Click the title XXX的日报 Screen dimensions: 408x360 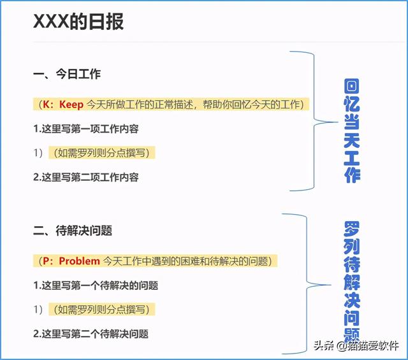[78, 22]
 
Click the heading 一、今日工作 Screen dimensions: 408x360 [66, 75]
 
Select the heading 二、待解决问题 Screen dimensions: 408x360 [73, 230]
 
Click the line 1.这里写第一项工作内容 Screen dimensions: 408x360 [86, 129]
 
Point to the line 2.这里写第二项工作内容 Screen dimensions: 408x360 [86, 177]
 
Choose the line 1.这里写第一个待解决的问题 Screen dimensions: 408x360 [96, 285]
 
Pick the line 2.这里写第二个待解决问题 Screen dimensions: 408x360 [91, 333]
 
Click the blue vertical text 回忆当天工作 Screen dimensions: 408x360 [351, 131]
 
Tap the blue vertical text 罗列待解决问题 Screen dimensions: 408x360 [351, 280]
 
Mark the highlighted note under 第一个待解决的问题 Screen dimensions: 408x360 [104, 310]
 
